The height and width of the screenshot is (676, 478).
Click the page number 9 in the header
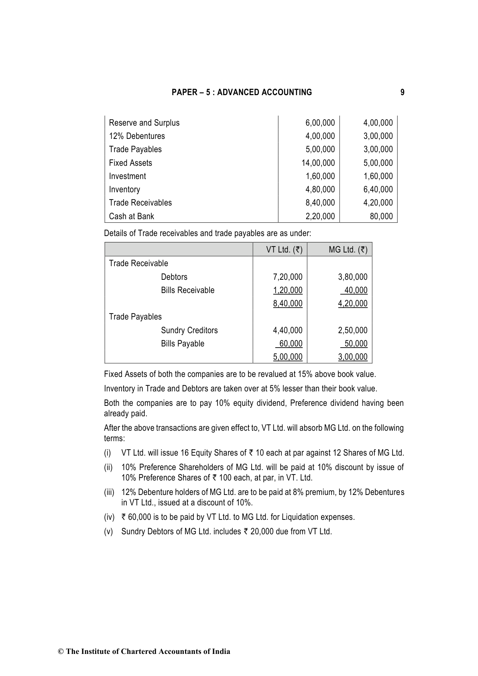tap(402, 92)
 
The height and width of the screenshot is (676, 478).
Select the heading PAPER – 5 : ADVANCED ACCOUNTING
tap(242, 92)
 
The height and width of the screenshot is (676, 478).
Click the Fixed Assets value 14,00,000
tap(318, 163)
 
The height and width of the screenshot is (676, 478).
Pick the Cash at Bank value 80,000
tap(381, 216)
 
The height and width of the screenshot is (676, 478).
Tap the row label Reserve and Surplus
tap(144, 123)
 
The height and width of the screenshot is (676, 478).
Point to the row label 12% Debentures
tap(137, 136)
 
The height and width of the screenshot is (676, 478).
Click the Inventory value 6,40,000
tap(378, 189)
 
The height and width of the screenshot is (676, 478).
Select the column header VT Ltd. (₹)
tap(284, 250)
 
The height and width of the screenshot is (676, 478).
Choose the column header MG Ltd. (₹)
tap(348, 250)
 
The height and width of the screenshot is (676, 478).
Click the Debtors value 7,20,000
tap(288, 277)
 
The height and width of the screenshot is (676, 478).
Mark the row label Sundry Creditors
tap(189, 330)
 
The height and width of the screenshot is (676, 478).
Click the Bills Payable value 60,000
tap(291, 344)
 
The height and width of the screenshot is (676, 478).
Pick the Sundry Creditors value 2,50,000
tap(352, 330)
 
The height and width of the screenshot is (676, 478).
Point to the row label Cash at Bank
tap(131, 216)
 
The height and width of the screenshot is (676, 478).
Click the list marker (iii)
tap(109, 492)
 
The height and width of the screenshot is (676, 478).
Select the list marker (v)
tap(108, 531)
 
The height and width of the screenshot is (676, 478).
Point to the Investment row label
tap(127, 176)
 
